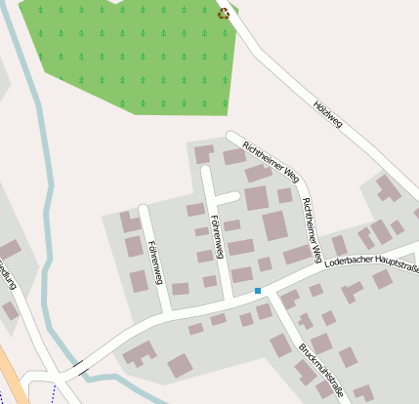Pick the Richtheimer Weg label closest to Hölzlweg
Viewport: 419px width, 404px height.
click(270, 160)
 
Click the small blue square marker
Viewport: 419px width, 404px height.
click(258, 290)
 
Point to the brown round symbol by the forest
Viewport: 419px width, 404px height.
click(224, 14)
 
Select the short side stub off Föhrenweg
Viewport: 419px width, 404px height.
click(226, 198)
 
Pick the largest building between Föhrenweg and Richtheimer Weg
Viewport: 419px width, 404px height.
click(275, 225)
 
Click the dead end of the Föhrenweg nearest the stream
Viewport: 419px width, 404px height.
click(144, 208)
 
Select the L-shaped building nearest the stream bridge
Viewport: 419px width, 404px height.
click(138, 353)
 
